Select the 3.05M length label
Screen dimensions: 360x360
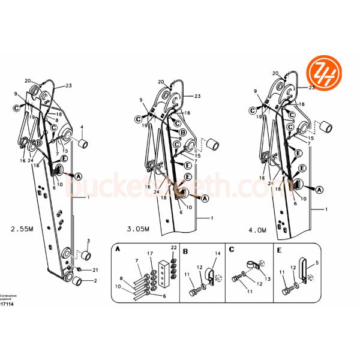click(139, 229)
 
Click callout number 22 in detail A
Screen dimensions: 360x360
click(173, 248)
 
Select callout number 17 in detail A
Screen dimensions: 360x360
click(150, 253)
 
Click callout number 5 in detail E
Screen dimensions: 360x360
click(317, 262)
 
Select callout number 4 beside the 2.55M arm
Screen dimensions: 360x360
click(82, 127)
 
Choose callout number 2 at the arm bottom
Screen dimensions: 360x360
click(94, 280)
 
